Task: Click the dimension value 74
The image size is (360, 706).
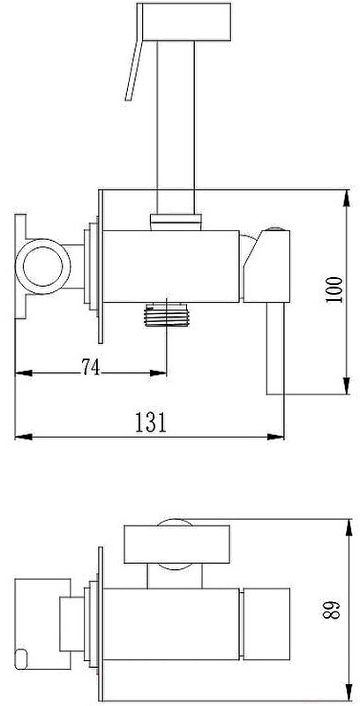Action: tap(91, 367)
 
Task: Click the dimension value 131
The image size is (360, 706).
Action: tap(151, 423)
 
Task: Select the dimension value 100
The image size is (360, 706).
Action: tap(334, 290)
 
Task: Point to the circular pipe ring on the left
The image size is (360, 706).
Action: tap(42, 267)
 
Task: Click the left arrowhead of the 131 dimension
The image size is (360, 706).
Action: tap(24, 437)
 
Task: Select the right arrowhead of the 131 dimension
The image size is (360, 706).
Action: tap(276, 437)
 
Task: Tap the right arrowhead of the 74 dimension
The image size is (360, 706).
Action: tap(159, 372)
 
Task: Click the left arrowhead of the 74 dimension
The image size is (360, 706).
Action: tap(24, 372)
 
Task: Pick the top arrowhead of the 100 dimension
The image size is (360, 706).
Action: tap(347, 198)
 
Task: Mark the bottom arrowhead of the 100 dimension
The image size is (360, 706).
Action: tap(347, 386)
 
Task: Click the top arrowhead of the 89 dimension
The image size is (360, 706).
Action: tap(349, 527)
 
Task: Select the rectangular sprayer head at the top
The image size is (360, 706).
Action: tap(184, 21)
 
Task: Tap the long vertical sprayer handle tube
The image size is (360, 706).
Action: tap(176, 127)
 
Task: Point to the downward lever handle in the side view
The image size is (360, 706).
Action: tap(275, 349)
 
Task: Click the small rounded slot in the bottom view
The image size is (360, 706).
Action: tap(20, 658)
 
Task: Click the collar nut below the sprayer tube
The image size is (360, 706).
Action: tap(176, 222)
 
